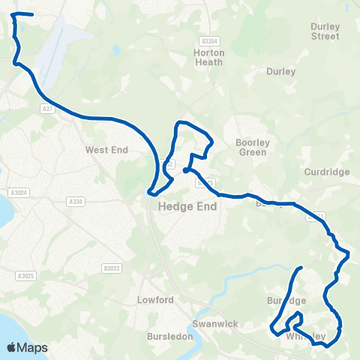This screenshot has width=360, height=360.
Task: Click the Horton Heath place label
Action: pyautogui.click(x=208, y=58)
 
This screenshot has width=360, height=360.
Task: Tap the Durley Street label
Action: pyautogui.click(x=325, y=31)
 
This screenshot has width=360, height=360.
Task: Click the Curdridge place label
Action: pyautogui.click(x=327, y=172)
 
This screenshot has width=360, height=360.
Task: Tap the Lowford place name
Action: pyautogui.click(x=155, y=300)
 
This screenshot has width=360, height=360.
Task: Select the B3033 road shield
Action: pyautogui.click(x=111, y=268)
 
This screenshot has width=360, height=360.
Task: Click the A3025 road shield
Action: pyautogui.click(x=24, y=276)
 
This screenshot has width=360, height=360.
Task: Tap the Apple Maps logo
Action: pyautogui.click(x=28, y=347)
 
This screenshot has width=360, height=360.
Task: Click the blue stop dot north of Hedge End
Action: pyautogui.click(x=184, y=170)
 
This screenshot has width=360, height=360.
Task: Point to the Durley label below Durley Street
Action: pyautogui.click(x=281, y=72)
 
